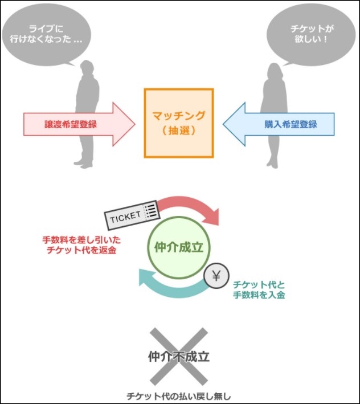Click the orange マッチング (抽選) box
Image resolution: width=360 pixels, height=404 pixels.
coord(179,123)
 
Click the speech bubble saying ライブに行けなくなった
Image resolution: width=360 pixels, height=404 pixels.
coord(47,33)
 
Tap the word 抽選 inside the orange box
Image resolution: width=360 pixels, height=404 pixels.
coord(179,130)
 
